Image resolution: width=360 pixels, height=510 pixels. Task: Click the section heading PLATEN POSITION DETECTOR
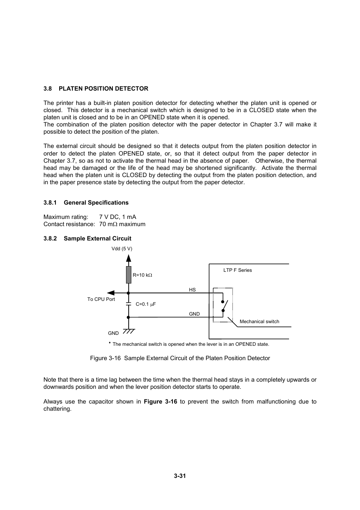(103, 89)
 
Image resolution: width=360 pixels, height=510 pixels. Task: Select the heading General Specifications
(96, 203)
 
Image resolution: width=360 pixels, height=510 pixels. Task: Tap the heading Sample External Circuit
(97, 239)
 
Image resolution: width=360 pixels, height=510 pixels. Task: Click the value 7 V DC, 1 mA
(117, 217)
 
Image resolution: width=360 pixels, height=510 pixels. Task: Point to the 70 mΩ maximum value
(122, 224)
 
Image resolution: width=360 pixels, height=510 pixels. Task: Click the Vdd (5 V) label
(122, 249)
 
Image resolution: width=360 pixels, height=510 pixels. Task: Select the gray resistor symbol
(129, 274)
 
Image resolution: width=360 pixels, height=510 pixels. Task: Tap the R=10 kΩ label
(142, 275)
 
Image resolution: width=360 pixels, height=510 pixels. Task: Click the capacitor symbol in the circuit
(129, 304)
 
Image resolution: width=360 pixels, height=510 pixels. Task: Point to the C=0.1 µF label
(146, 304)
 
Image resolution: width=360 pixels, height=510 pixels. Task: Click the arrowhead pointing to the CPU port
(111, 293)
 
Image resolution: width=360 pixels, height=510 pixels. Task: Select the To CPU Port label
(101, 299)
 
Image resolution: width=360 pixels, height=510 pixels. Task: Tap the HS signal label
(192, 290)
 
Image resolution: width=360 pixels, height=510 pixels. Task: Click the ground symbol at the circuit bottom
(129, 331)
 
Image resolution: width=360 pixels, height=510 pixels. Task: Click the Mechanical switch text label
(259, 322)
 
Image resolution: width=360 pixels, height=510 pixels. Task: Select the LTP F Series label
(237, 270)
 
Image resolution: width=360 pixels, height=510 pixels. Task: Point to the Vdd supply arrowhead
(129, 258)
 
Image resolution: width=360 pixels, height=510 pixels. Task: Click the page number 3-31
(180, 476)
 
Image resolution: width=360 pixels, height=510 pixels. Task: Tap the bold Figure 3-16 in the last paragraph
(160, 402)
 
